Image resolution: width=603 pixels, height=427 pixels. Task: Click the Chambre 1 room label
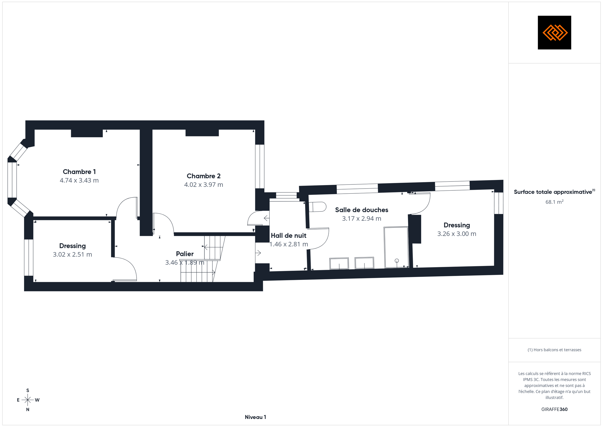click(x=79, y=172)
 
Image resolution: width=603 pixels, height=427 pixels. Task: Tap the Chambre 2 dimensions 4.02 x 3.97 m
click(x=204, y=185)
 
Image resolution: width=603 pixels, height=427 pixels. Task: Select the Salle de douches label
click(x=362, y=210)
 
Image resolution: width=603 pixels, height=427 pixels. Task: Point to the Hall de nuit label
click(x=288, y=235)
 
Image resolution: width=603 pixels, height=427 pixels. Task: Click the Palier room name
click(x=185, y=254)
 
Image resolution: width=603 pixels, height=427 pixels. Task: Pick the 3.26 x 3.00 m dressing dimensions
click(x=457, y=234)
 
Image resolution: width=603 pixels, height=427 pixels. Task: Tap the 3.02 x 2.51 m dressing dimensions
click(x=72, y=254)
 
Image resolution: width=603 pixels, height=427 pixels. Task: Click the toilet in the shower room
click(x=318, y=207)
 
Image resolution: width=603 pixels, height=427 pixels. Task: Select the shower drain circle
click(x=397, y=261)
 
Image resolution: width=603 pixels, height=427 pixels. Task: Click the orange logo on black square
click(x=554, y=33)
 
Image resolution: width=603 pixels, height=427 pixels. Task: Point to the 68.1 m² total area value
click(x=554, y=202)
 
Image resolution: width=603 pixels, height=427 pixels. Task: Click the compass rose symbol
click(x=28, y=400)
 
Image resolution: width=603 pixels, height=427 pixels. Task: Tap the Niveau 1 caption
click(x=255, y=417)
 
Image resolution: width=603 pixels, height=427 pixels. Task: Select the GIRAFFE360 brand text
click(x=554, y=410)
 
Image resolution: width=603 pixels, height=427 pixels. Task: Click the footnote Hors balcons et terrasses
click(x=554, y=350)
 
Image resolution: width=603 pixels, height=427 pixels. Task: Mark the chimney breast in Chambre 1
click(x=87, y=133)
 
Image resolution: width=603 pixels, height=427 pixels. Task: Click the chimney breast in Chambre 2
click(x=202, y=133)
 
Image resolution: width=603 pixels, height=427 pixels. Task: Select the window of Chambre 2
click(x=260, y=166)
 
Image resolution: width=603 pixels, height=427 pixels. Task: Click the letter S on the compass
click(x=28, y=391)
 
